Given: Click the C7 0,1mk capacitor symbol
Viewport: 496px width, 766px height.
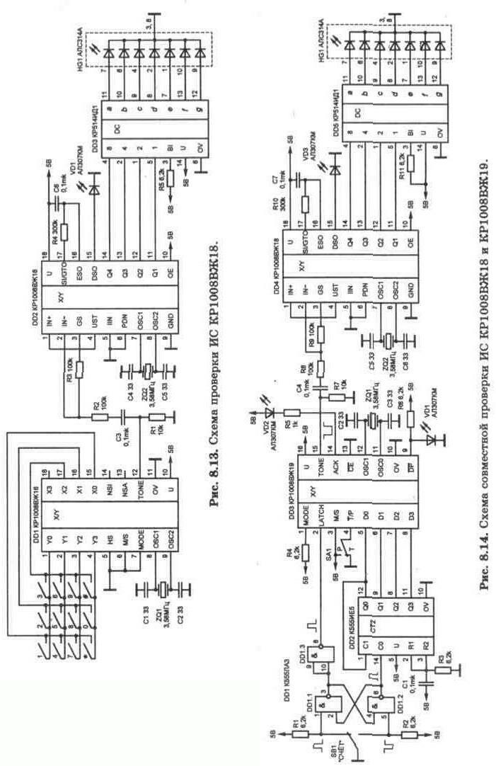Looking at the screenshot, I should tap(300, 182).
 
